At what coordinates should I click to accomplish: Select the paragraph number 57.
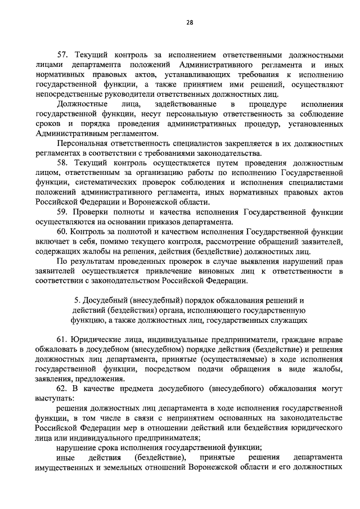click(62, 55)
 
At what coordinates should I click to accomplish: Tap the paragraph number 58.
click(62, 163)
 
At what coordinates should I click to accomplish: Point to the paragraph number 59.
click(62, 212)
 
